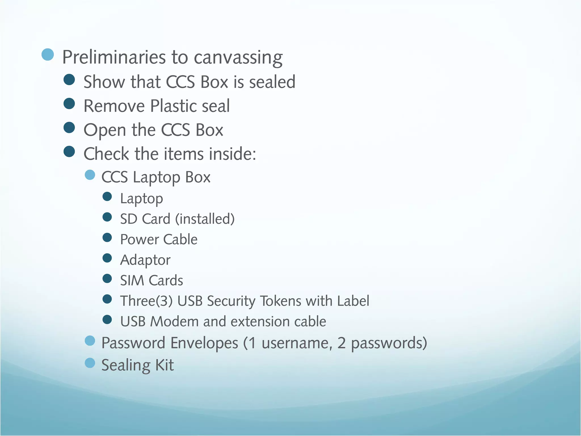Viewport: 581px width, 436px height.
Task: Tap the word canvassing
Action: click(x=238, y=58)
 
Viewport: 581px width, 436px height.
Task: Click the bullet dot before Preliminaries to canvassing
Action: click(x=48, y=54)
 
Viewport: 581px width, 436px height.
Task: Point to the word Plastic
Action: click(x=173, y=106)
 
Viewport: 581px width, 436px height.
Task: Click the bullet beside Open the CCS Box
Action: click(x=69, y=128)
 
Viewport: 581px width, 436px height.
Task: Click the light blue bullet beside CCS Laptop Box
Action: click(x=90, y=175)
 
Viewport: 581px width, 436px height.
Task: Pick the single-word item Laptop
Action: click(x=142, y=199)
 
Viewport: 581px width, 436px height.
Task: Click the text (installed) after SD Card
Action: click(x=205, y=219)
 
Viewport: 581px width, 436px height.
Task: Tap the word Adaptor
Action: click(x=145, y=260)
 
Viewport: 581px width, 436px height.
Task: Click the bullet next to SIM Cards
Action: click(x=107, y=278)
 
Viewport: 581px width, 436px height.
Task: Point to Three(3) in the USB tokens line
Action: click(x=146, y=301)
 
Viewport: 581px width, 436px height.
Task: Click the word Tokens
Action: click(x=280, y=301)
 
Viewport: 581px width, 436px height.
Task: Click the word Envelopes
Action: click(x=204, y=343)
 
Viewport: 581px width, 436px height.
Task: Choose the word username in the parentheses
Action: click(x=297, y=343)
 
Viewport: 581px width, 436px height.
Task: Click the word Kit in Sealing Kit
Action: click(x=164, y=365)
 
